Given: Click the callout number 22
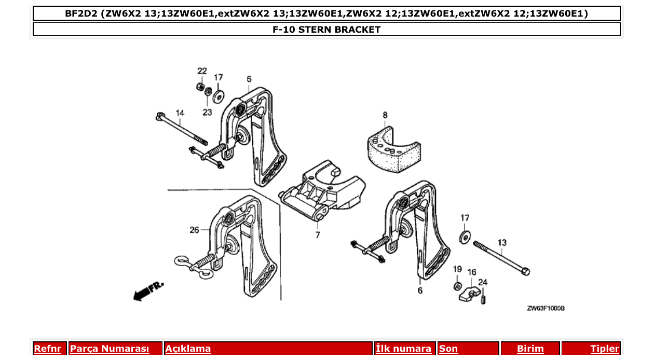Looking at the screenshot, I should point(202,71).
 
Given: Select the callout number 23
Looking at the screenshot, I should point(207,112).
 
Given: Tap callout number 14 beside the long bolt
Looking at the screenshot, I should point(180,113).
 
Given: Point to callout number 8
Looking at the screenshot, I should point(385,115).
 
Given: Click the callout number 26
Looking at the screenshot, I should point(194,230).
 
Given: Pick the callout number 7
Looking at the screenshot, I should point(318,235).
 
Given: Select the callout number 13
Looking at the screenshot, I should point(502,242).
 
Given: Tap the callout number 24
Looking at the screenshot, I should point(483,283).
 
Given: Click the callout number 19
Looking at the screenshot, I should point(457,269).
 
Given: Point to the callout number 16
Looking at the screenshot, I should point(471,272).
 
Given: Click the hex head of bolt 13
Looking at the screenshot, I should point(525,271).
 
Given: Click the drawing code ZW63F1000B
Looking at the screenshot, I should point(545,308).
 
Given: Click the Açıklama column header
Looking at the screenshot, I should point(188,349).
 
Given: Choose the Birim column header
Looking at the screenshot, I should point(530,349).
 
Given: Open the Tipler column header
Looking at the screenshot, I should point(604,349).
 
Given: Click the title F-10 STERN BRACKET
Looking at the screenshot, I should point(326,30).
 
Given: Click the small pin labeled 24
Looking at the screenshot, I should point(483,299).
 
